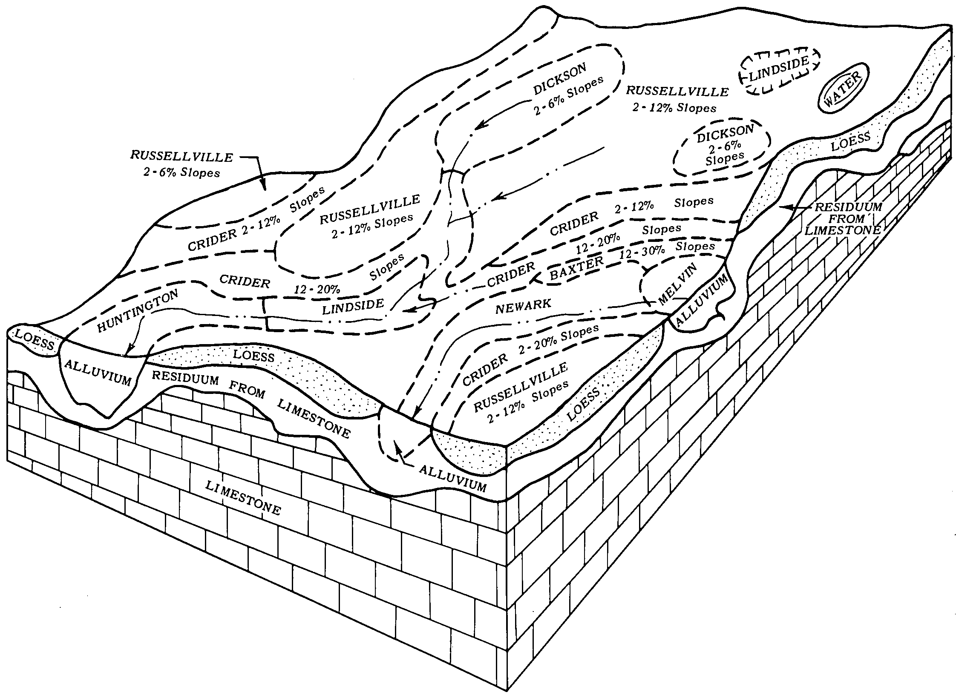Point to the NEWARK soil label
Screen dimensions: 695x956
point(523,306)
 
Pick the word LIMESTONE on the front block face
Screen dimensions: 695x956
point(243,497)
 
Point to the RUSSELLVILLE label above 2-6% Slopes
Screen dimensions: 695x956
point(181,156)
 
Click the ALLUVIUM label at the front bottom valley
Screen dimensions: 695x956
point(452,478)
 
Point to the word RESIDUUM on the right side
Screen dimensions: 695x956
point(848,207)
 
